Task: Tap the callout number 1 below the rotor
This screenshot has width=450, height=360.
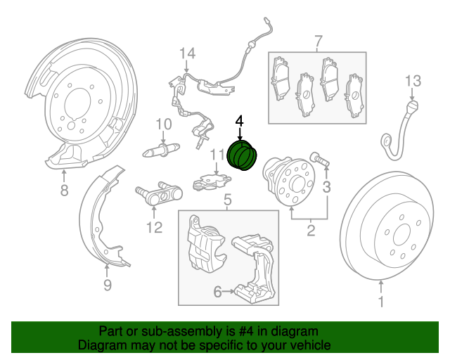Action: click(382, 303)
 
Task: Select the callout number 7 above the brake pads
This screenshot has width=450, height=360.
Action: click(317, 40)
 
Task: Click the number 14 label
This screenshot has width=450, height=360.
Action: click(186, 54)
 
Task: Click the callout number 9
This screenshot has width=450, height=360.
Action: click(107, 285)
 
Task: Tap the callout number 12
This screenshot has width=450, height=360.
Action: click(154, 226)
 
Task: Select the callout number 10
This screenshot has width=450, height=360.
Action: click(163, 124)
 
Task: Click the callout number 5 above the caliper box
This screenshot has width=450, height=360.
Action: click(227, 202)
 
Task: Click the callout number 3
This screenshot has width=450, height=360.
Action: click(326, 186)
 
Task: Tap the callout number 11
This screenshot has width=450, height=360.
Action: click(217, 154)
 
